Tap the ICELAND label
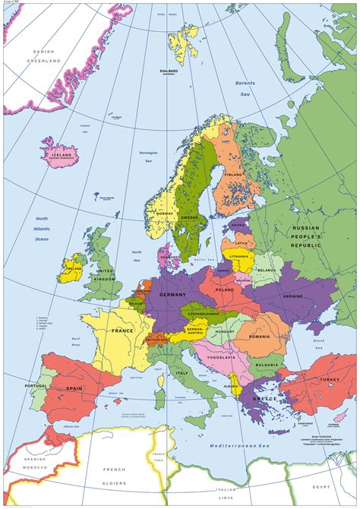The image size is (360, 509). tap(61, 155)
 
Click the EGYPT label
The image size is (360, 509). tap(339, 481)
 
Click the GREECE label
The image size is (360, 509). tap(264, 398)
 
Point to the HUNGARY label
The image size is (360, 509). tap(225, 331)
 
